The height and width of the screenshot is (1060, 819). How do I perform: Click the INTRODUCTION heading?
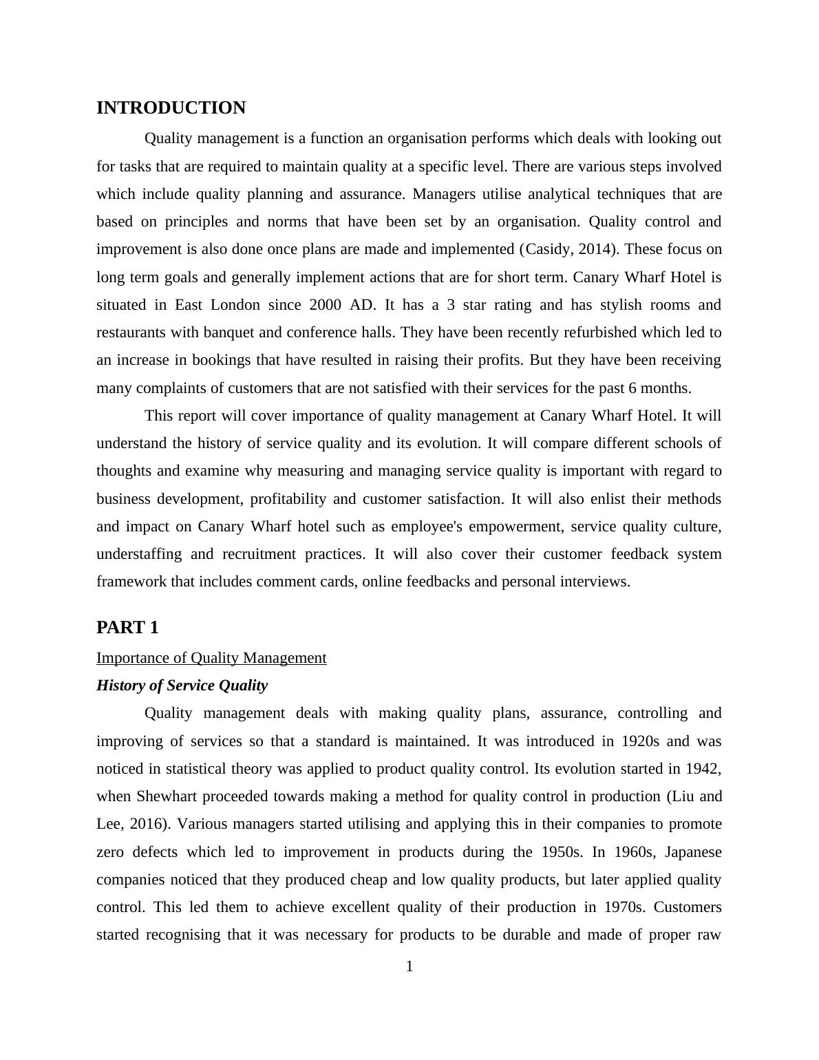pos(171,108)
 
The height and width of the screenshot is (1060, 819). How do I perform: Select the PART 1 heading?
pos(127,628)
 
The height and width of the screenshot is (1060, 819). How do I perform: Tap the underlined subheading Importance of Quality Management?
pos(211,658)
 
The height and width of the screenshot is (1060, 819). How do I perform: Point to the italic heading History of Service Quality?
pos(182,686)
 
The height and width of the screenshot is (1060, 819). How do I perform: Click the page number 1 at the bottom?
pos(409,967)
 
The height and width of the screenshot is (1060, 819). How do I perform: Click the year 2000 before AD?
pos(325,305)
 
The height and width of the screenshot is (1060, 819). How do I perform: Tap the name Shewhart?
pos(164,796)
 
